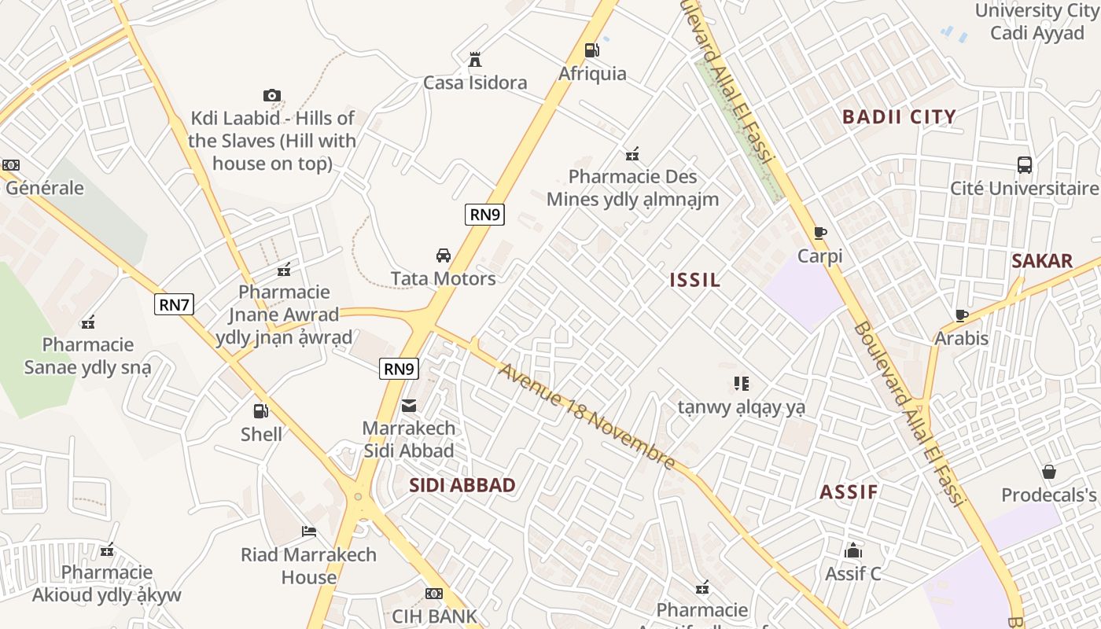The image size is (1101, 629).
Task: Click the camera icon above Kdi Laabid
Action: tap(272, 95)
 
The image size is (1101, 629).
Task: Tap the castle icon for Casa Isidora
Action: tap(475, 60)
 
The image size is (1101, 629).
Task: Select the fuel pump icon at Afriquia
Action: tap(591, 50)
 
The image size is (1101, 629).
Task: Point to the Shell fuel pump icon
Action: tap(260, 410)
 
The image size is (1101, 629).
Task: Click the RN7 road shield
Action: tap(174, 304)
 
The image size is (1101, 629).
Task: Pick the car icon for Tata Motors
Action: tap(444, 256)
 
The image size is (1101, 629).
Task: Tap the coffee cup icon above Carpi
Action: tap(819, 233)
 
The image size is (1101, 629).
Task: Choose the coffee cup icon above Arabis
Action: tap(961, 315)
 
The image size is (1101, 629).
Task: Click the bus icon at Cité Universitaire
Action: tap(1024, 165)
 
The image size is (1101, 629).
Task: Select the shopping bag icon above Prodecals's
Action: tap(1048, 472)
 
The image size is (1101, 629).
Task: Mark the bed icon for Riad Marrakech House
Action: tap(309, 532)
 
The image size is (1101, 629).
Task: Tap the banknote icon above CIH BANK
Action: tap(434, 593)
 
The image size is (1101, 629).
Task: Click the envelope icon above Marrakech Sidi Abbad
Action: tap(409, 406)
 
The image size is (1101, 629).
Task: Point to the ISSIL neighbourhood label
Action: tap(695, 280)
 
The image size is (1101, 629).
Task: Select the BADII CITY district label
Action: tap(899, 117)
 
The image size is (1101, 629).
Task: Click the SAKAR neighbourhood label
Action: tap(1042, 261)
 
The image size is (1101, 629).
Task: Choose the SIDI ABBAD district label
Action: tap(462, 485)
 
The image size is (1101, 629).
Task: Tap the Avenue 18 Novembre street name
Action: tap(587, 417)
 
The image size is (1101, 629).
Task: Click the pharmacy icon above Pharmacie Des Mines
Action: tap(632, 153)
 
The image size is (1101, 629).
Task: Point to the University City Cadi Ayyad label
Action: tap(1037, 21)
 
